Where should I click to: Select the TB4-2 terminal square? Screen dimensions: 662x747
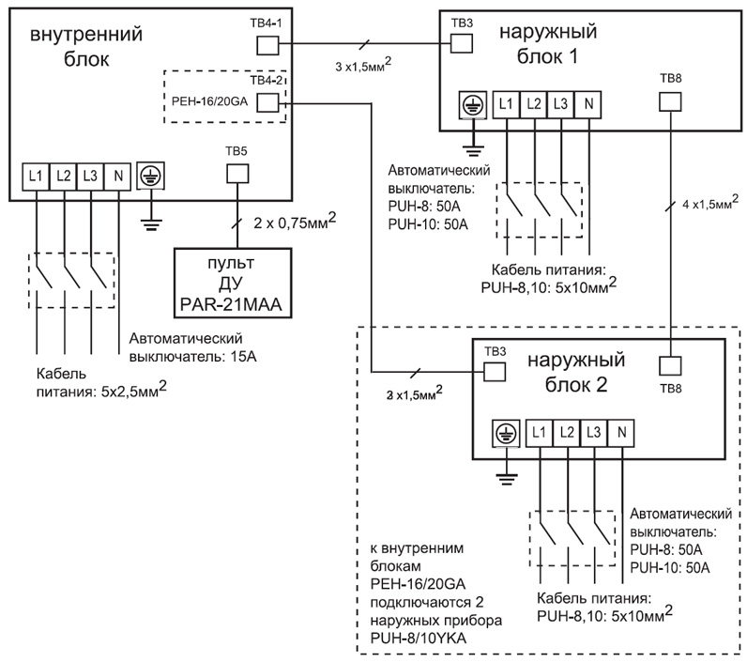[x=268, y=103]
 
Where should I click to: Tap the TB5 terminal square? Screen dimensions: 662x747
[x=236, y=174]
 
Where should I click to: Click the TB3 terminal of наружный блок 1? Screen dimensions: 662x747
[x=461, y=42]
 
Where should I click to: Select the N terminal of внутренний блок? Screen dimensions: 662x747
[x=118, y=175]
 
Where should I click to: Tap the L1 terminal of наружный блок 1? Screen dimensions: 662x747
[x=506, y=104]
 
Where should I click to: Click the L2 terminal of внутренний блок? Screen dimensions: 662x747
[x=63, y=175]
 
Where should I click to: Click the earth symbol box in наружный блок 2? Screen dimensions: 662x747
[x=505, y=432]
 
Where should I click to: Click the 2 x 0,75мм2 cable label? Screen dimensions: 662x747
[x=296, y=222]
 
